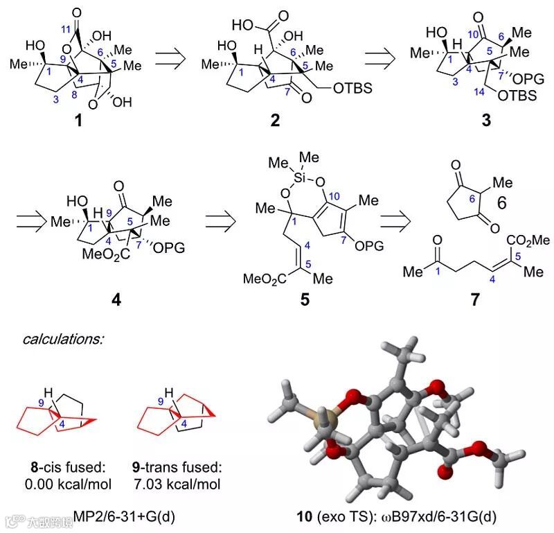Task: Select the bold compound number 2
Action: [x=276, y=122]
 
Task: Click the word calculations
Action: [x=64, y=340]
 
